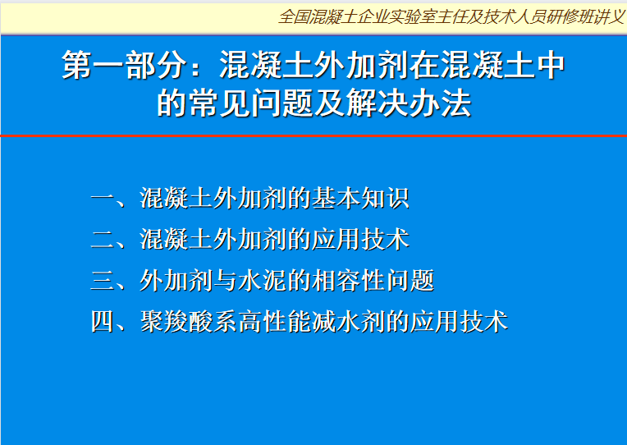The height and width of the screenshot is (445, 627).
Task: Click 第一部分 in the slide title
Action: click(125, 65)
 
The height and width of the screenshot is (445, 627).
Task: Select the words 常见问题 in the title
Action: click(251, 103)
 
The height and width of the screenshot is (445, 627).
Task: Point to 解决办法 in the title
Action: click(409, 103)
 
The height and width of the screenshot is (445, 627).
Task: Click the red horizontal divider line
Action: click(313, 136)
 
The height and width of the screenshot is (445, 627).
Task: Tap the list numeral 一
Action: click(103, 198)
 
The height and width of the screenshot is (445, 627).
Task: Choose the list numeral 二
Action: click(103, 239)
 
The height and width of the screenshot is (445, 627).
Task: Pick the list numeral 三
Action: click(103, 280)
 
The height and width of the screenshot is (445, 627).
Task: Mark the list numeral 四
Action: click(103, 321)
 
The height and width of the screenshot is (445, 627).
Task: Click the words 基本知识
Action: click(360, 198)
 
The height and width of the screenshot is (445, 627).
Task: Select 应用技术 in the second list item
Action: click(360, 239)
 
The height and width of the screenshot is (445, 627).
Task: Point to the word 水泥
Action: click(262, 280)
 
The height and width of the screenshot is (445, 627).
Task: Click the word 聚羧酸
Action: click(176, 321)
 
